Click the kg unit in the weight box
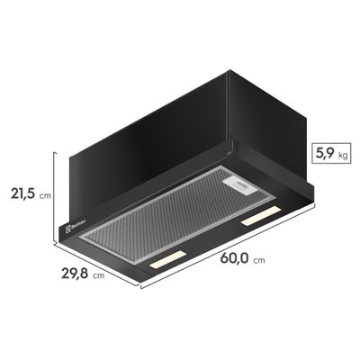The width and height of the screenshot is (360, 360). click(342, 156)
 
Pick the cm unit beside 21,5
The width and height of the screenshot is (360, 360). click(45, 193)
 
